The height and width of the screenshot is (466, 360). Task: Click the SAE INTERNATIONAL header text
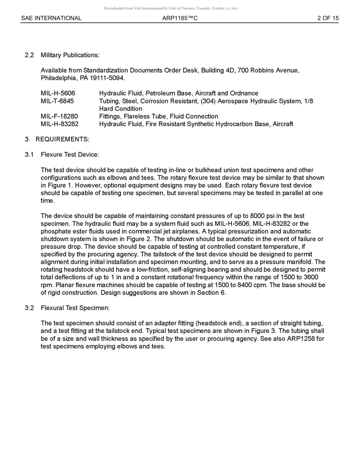tap(51, 18)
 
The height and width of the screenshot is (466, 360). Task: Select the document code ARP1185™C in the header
tap(180, 18)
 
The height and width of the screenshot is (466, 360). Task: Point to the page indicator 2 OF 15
tap(328, 18)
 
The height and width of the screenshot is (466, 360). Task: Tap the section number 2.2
tap(29, 55)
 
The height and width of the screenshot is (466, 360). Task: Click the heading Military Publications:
tap(70, 55)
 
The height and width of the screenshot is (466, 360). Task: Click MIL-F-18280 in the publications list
tap(59, 116)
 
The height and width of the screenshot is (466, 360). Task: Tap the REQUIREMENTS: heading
tap(63, 139)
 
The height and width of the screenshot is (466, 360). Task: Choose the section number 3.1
tap(29, 155)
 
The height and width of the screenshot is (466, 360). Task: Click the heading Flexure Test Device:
tap(70, 155)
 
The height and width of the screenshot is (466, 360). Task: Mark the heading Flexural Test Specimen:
tap(75, 308)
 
